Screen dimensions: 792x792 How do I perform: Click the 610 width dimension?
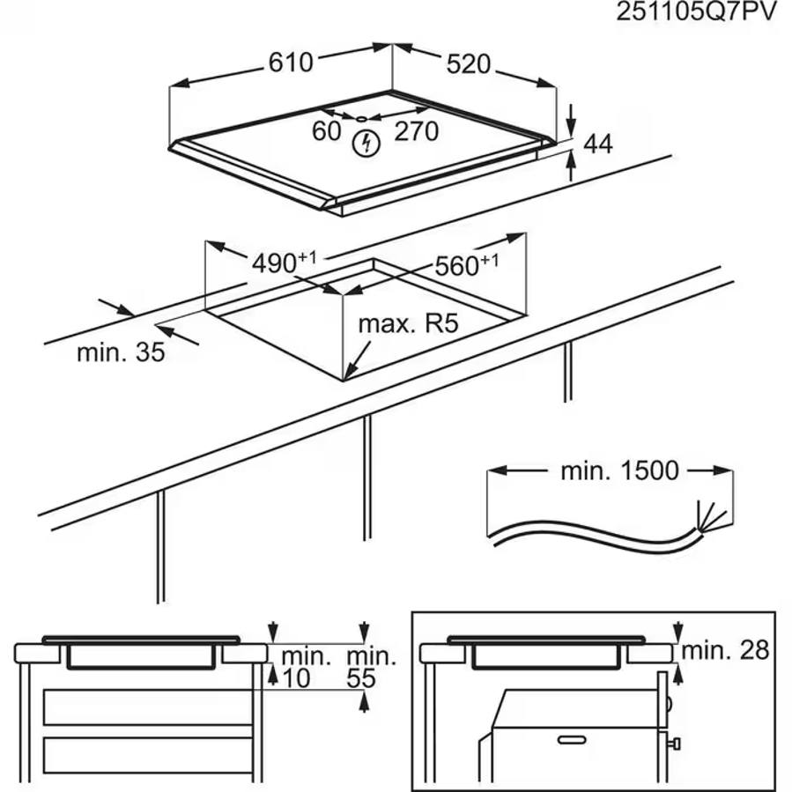tap(291, 63)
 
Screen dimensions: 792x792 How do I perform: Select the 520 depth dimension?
tap(468, 64)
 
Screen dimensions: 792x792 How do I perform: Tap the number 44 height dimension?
tap(597, 144)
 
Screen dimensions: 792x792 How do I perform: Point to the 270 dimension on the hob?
tap(416, 131)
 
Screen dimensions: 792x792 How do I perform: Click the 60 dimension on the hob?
tap(326, 131)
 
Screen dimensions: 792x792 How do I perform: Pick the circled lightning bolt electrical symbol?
tap(366, 144)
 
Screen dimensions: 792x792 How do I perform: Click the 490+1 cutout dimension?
tap(284, 262)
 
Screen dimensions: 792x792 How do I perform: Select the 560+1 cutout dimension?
tap(466, 264)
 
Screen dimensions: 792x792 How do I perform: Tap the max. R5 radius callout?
tap(408, 324)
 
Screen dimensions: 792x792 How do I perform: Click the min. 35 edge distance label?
tap(121, 352)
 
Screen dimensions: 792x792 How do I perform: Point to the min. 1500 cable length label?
tap(619, 470)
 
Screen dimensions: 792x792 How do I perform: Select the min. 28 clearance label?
tap(725, 650)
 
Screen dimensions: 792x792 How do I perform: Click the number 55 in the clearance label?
tap(361, 678)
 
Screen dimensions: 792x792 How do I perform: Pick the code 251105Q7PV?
tap(695, 12)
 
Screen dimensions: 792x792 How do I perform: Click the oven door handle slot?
tap(572, 740)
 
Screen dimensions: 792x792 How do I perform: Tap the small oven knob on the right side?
tap(674, 744)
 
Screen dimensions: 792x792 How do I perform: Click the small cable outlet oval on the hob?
tap(362, 119)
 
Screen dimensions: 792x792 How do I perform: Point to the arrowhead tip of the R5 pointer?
tap(344, 380)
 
